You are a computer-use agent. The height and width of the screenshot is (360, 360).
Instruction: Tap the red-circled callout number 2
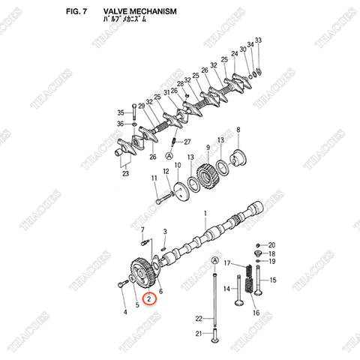[151, 300]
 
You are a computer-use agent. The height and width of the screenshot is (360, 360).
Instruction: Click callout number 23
[125, 174]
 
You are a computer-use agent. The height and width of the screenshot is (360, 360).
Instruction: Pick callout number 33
[258, 39]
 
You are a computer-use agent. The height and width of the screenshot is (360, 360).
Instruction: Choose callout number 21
[199, 333]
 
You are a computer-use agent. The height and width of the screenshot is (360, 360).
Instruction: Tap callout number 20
[272, 245]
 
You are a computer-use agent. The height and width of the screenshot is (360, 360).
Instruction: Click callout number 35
[120, 112]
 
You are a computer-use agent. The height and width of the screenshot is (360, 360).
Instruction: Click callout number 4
[124, 311]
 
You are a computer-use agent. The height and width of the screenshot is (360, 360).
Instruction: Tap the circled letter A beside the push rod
[216, 259]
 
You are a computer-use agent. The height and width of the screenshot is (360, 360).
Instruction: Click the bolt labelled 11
[166, 199]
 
